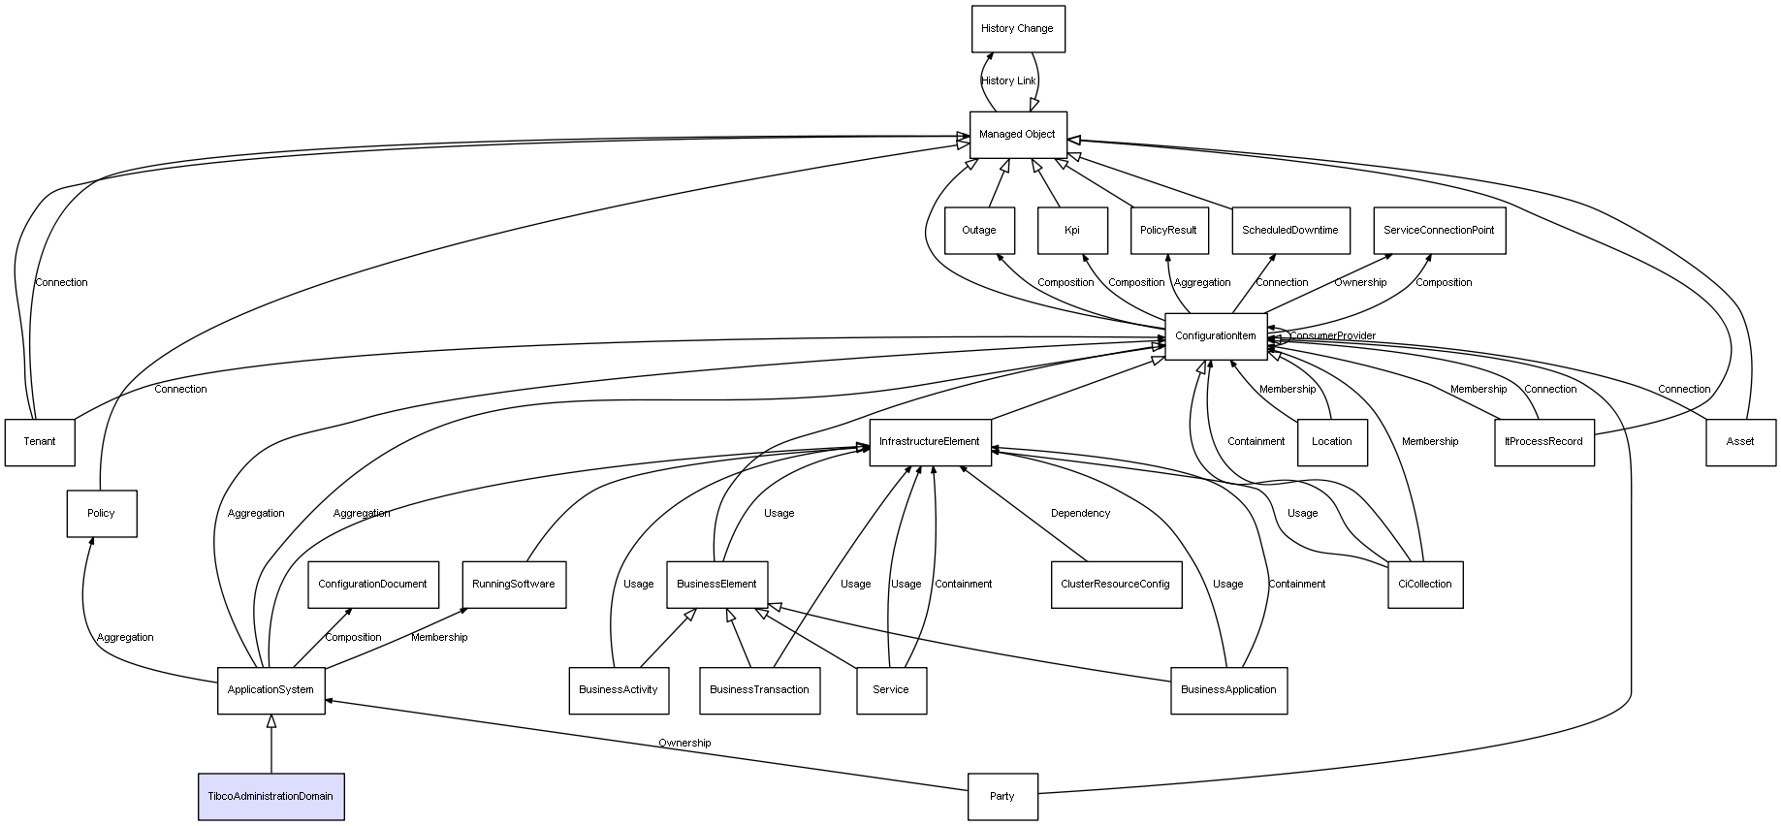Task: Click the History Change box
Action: pos(1018,29)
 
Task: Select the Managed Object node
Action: pos(1018,135)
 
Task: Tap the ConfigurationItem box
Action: pos(1216,336)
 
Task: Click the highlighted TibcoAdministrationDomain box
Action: pos(271,797)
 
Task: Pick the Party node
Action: pos(1002,797)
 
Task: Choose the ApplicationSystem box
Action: pos(270,690)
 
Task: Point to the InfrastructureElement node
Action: pos(930,442)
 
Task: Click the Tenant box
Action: pos(40,442)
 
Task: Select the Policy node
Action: pos(101,514)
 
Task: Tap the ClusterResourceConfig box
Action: pos(1116,585)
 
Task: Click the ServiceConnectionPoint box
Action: pos(1439,231)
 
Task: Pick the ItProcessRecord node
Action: pos(1543,442)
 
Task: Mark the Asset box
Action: pos(1740,442)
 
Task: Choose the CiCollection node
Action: pos(1424,585)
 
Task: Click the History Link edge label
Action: pos(1008,81)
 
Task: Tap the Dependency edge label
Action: pos(1080,514)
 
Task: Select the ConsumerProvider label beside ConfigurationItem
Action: pos(1332,336)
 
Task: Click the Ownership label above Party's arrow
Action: pos(684,744)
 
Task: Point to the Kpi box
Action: pos(1071,231)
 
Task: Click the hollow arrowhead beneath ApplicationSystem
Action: pos(271,721)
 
